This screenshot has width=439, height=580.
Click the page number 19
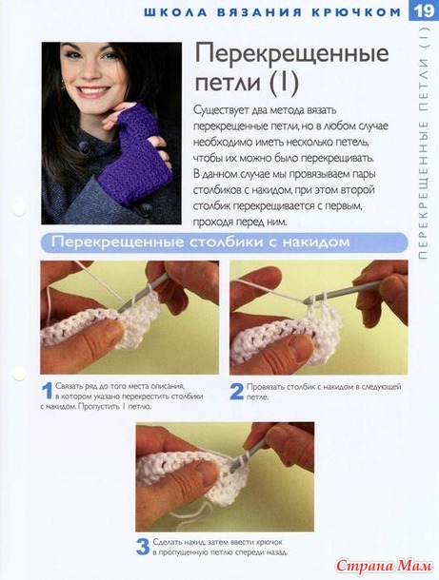[x=424, y=10]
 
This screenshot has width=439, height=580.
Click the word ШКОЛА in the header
[x=175, y=12]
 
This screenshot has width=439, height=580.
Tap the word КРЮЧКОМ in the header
[x=356, y=12]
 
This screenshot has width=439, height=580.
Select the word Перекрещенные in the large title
[x=292, y=53]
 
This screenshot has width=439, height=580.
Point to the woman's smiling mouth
[x=93, y=90]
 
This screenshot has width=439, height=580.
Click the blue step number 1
[x=48, y=391]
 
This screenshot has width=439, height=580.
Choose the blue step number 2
[x=237, y=392]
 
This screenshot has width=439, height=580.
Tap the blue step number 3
[x=143, y=547]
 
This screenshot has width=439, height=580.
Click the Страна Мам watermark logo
[x=384, y=566]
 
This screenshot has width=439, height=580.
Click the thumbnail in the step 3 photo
[x=205, y=471]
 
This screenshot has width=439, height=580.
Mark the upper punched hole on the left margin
[x=19, y=209]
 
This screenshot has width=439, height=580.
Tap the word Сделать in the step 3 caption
[x=167, y=542]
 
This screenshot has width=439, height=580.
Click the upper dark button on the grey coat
[x=85, y=148]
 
